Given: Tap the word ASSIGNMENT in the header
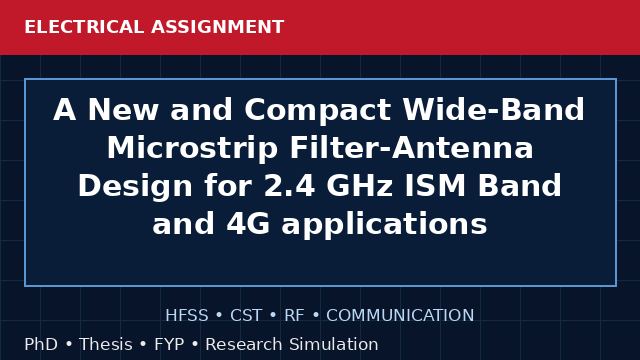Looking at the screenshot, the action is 218,27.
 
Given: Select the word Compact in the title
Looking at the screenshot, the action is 318,110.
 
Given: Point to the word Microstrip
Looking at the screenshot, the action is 193,148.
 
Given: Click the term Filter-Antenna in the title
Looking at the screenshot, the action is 411,148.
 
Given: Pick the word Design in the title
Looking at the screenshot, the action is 135,187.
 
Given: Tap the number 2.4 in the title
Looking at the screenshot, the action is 289,186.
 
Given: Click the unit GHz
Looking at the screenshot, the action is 360,186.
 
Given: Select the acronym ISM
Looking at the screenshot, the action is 435,186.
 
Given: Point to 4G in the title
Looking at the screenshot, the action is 248,224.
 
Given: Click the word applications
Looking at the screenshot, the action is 384,225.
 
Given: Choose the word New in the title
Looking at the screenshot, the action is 123,110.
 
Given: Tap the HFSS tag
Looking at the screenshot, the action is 187,316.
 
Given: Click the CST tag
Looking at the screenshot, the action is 246,316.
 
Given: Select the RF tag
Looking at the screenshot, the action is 294,316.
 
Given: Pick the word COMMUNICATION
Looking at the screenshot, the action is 400,316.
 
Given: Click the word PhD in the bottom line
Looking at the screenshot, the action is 41,344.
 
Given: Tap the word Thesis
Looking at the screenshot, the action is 106,344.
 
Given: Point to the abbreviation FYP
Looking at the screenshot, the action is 169,344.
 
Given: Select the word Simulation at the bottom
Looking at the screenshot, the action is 334,344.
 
